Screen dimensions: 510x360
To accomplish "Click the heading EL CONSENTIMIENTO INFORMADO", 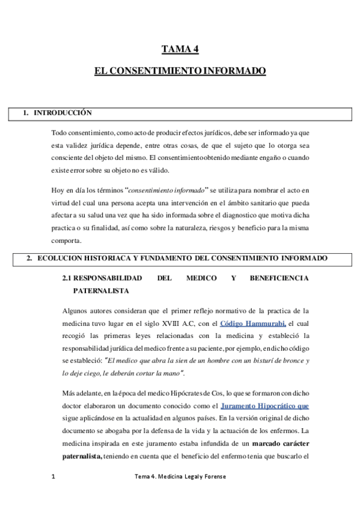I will (180, 71).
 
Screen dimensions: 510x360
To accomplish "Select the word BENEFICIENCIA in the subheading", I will (277, 278).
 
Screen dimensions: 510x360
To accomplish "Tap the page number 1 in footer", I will (53, 476).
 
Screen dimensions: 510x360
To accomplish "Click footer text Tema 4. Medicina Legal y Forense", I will (180, 476).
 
